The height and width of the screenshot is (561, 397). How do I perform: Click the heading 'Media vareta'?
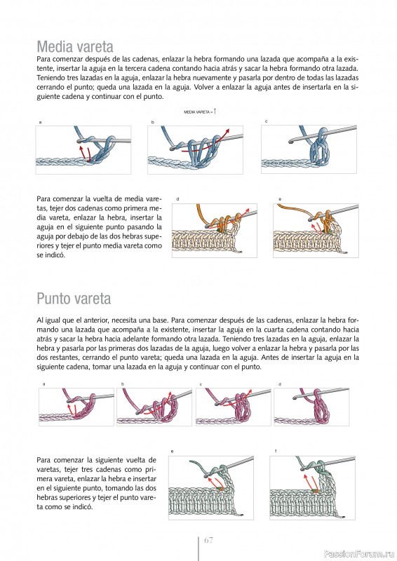[75, 46]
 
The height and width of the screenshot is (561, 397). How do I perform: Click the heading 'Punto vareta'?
[74, 299]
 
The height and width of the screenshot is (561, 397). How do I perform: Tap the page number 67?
[208, 540]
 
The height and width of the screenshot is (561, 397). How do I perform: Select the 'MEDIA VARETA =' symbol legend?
[200, 112]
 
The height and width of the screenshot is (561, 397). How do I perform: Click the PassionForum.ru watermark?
[359, 554]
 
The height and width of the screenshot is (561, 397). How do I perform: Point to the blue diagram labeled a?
[83, 150]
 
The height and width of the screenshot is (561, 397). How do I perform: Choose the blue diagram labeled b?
[196, 150]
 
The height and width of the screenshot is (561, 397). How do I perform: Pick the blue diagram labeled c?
[309, 149]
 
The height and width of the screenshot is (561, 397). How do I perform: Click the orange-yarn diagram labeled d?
[215, 231]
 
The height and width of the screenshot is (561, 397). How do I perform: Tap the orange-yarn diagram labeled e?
[316, 231]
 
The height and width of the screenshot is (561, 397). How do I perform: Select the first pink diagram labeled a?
[76, 407]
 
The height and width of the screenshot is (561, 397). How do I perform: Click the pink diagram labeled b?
[154, 407]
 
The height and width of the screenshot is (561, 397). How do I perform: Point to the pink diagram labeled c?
[234, 407]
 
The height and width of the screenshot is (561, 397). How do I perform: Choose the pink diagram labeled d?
[311, 407]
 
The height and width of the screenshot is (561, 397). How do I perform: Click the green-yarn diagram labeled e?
[211, 487]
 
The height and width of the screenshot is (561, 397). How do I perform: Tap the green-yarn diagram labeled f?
[313, 487]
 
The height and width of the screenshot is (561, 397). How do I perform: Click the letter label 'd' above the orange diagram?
[177, 199]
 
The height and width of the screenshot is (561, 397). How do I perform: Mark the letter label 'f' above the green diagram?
[276, 451]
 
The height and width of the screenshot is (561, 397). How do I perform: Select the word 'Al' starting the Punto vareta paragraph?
[39, 320]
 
